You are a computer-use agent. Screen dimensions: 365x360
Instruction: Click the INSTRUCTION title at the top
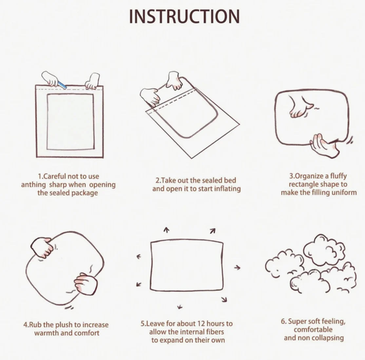click(x=184, y=16)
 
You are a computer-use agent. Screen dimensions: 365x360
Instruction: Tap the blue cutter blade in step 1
click(x=62, y=85)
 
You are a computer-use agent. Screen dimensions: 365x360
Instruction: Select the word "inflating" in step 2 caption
click(x=227, y=189)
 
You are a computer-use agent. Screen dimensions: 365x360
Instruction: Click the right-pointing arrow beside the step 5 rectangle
click(x=237, y=268)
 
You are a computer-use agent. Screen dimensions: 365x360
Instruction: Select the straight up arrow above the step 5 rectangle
click(x=166, y=230)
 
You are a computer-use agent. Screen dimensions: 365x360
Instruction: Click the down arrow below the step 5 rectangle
click(x=180, y=307)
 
